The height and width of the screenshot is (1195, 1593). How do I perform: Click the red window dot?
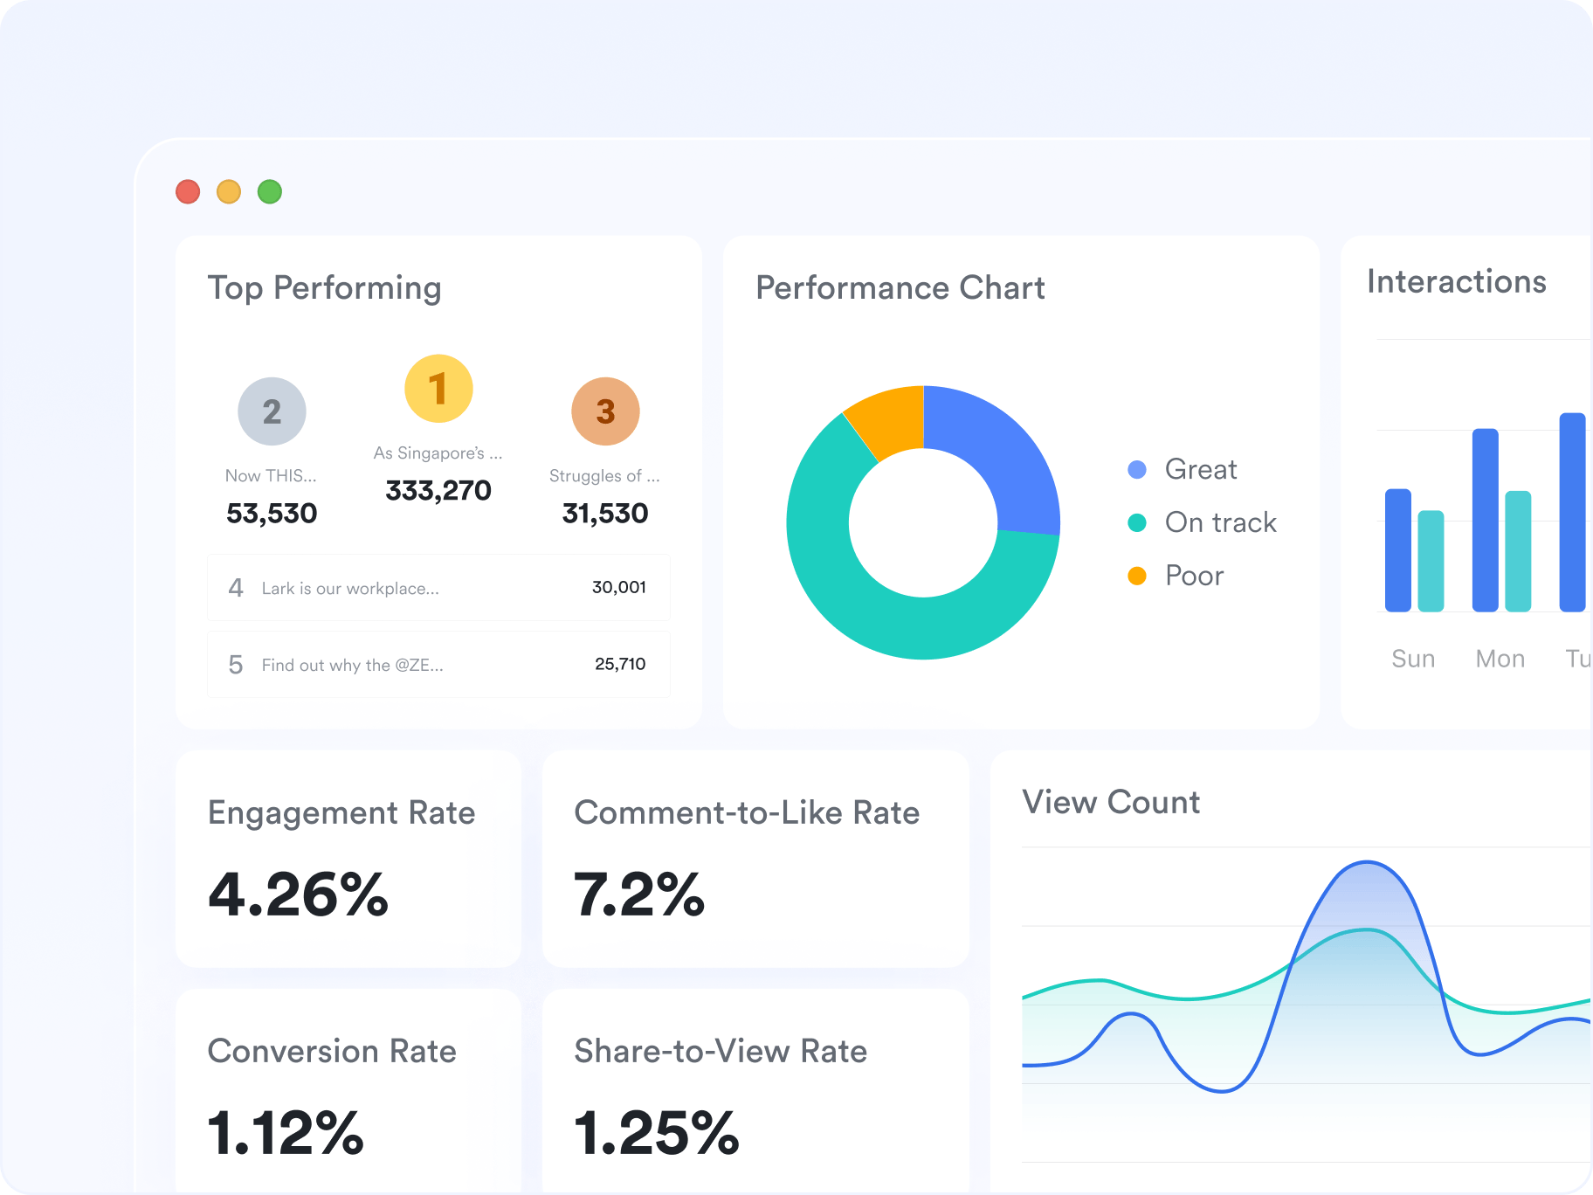tap(188, 191)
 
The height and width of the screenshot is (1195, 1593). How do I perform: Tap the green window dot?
tap(270, 191)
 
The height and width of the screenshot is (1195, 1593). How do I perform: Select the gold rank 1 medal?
tap(438, 389)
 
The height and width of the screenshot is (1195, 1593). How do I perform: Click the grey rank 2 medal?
tap(272, 411)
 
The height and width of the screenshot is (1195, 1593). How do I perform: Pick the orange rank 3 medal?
tap(605, 411)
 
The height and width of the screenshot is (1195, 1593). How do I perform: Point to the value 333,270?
tap(438, 491)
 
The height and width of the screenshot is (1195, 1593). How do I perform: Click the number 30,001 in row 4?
tap(619, 587)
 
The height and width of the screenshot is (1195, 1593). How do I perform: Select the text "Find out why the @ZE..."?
tap(353, 665)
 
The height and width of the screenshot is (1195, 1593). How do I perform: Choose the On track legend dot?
tap(1137, 522)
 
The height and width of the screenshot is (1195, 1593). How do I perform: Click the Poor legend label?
tap(1195, 576)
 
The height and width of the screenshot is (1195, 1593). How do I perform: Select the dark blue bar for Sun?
tap(1398, 550)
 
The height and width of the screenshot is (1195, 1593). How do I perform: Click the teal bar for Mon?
tap(1518, 551)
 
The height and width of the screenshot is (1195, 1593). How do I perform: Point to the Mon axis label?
tap(1500, 659)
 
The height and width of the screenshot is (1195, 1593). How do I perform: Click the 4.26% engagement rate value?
tap(299, 895)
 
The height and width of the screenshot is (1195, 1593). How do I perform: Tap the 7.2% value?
tap(639, 895)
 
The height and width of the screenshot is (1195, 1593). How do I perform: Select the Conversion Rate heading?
tap(332, 1051)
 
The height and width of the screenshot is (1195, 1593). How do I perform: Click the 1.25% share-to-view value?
tap(657, 1133)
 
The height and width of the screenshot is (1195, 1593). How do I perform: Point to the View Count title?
tap(1111, 802)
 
